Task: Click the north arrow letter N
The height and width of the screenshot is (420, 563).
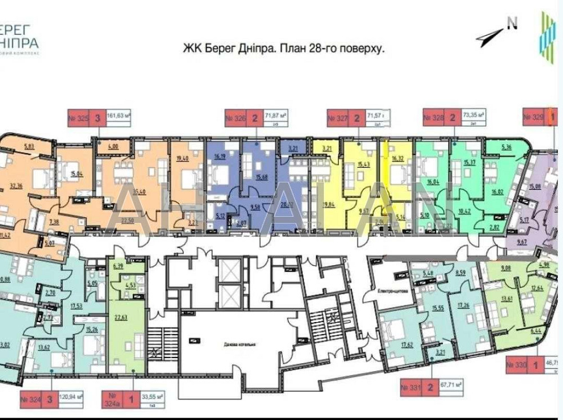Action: (512, 24)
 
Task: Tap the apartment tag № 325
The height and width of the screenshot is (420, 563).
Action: (78, 118)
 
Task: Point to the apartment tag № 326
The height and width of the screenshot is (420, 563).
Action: (235, 118)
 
